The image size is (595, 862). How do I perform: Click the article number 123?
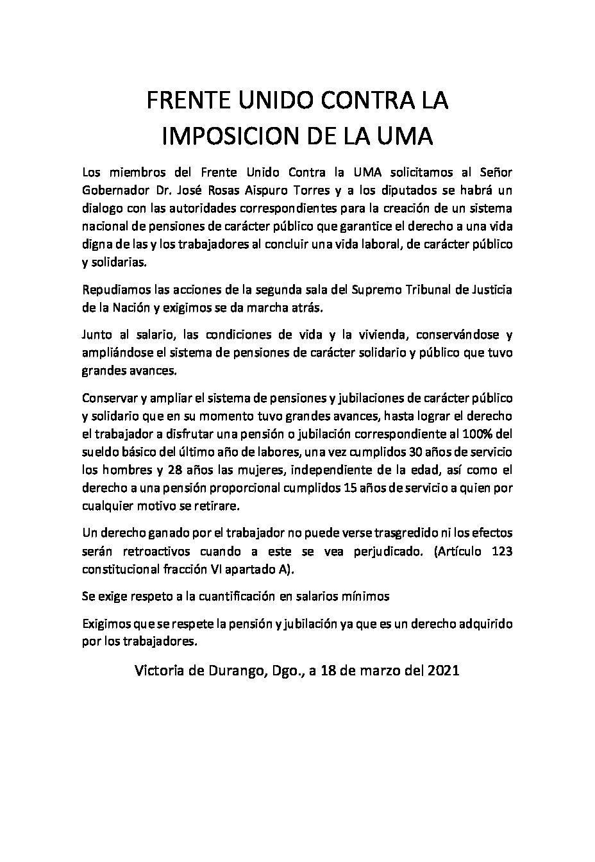pos(501,551)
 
